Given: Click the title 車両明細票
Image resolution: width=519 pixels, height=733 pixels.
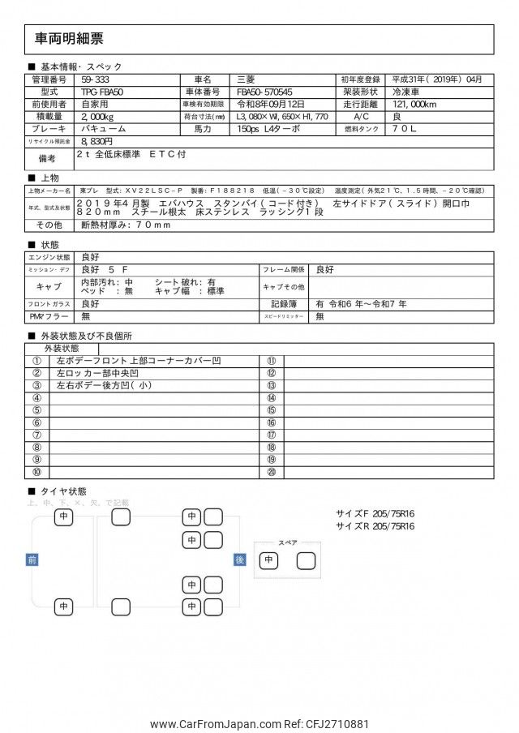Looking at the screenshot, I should coord(69,39).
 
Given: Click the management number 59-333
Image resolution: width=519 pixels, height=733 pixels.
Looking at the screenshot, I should coord(97,79).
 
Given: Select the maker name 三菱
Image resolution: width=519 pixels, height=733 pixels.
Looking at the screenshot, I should coord(245,79).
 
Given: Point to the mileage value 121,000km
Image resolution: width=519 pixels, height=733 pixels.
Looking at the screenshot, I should coord(417,105).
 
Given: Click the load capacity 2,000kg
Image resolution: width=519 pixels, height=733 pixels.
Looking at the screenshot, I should coord(98,117).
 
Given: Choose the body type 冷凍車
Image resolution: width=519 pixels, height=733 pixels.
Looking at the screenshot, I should coord(408,92).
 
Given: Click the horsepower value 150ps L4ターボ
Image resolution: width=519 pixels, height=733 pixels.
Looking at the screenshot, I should coord(269,129).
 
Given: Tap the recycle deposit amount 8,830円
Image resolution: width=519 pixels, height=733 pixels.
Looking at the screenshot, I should coord(98,141).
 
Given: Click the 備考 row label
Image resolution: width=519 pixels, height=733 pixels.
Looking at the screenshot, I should coord(47,157).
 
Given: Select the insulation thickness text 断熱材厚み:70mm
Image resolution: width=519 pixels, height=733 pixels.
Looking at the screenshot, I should coord(124,225).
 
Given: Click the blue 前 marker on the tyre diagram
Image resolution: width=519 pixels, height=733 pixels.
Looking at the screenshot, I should coord(32,559).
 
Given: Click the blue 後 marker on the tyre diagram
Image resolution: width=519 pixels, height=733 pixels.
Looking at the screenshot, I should coord(239,559).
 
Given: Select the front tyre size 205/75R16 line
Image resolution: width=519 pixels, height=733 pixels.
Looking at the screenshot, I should coord(375,513).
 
